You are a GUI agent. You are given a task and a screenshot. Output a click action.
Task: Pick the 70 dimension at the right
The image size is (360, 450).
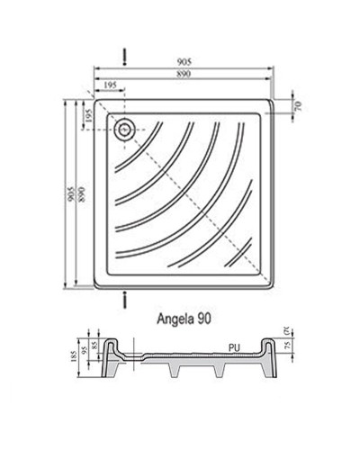(x=298, y=106)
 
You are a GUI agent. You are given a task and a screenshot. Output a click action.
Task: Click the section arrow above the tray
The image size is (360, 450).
(x=124, y=57)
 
